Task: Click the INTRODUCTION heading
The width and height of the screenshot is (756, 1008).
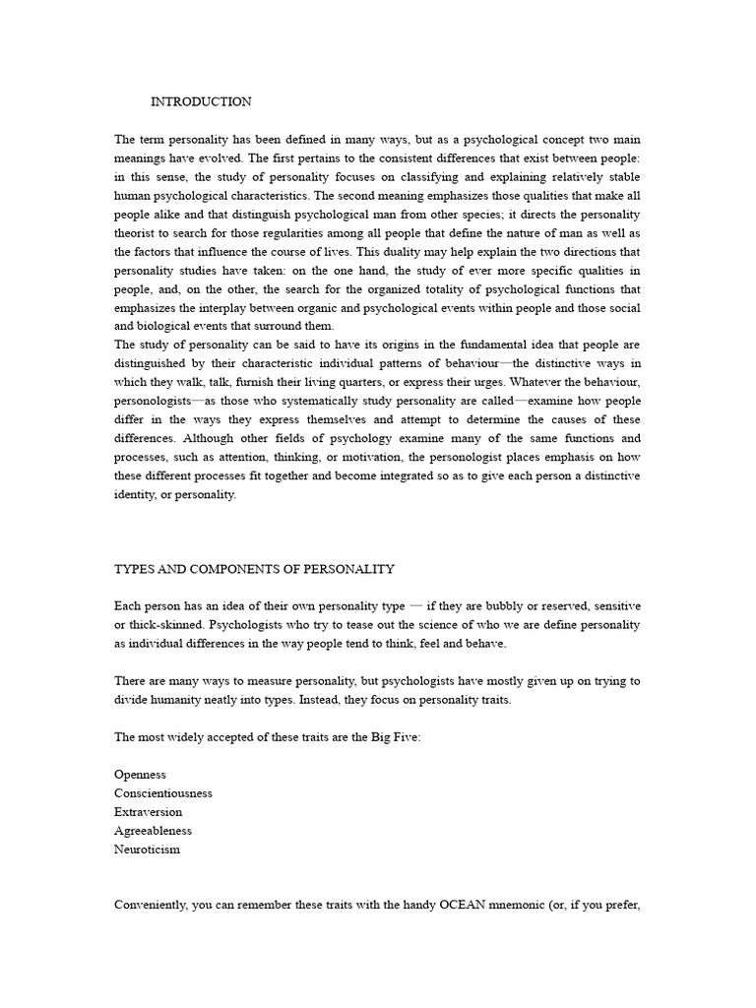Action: click(x=201, y=101)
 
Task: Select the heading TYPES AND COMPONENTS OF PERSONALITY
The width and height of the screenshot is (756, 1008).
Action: click(x=255, y=569)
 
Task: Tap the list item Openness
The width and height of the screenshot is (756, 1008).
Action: click(x=140, y=775)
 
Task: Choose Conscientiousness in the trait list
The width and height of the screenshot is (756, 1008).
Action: click(x=163, y=793)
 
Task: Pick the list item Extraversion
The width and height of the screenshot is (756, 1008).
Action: click(x=149, y=812)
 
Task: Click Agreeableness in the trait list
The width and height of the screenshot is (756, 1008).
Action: click(x=154, y=831)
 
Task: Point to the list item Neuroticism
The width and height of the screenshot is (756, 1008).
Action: click(x=148, y=850)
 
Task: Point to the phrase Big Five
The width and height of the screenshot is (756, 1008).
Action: click(x=396, y=737)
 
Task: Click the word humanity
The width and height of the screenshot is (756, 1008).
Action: click(x=178, y=700)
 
